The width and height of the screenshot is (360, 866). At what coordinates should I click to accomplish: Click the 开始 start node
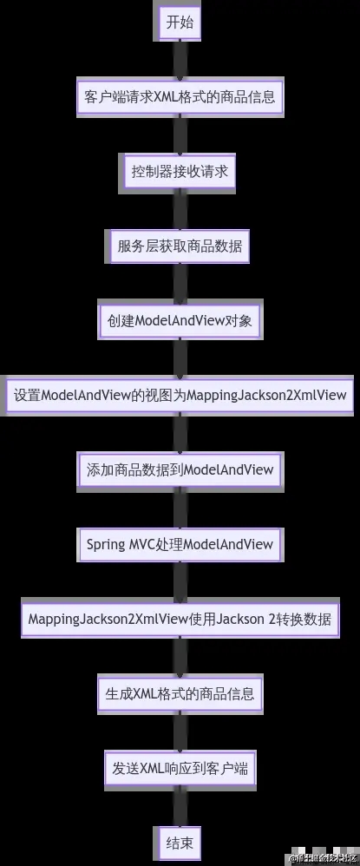coord(180,23)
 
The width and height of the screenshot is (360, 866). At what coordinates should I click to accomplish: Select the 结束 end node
coord(180,842)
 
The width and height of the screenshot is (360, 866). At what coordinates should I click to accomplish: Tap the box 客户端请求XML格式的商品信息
coord(180,97)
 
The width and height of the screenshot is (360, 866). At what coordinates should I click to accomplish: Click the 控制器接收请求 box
coord(180,172)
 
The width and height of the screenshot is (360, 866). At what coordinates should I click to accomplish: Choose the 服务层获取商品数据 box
coord(180,246)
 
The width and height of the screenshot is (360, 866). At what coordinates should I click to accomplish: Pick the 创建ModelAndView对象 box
coord(180,321)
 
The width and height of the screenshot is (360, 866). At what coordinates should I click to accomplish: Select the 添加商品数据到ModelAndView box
coord(180,470)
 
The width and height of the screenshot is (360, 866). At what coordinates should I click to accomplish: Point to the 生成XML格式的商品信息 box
coord(180,694)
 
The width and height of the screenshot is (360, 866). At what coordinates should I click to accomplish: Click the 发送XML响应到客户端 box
coord(180,768)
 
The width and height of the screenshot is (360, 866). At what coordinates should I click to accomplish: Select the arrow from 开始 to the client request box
coord(180,59)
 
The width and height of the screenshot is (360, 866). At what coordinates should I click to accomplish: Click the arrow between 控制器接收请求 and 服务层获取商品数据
coord(180,209)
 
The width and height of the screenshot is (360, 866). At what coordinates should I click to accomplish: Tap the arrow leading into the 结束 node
coord(180,805)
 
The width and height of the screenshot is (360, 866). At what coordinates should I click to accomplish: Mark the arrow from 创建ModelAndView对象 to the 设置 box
coord(180,358)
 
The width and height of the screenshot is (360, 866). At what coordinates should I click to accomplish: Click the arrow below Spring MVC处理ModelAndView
coord(180,582)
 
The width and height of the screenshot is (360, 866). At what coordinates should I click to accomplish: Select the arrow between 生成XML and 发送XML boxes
coord(180,732)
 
